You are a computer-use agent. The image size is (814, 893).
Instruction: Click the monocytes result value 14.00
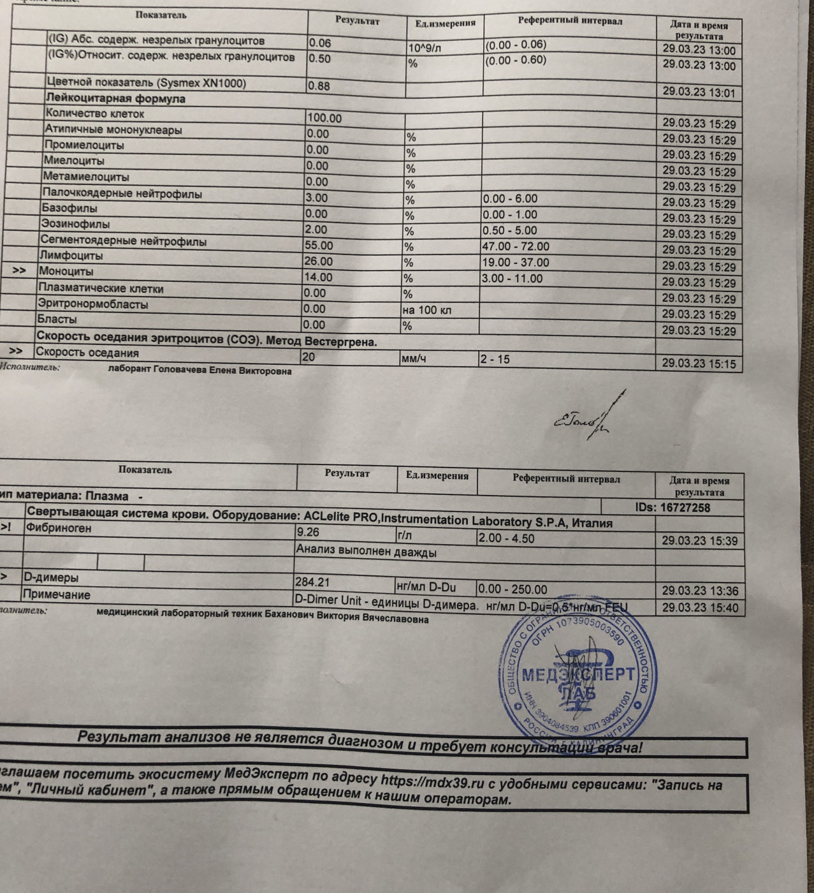point(319,277)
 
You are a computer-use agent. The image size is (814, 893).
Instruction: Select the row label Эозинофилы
point(75,225)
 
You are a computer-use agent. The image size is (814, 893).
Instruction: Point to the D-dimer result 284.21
point(312,582)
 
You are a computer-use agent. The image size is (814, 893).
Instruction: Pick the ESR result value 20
point(309,357)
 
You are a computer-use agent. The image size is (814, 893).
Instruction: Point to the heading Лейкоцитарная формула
point(115,99)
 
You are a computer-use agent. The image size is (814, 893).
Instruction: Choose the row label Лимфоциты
point(71,256)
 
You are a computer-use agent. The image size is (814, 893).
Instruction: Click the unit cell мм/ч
point(414,359)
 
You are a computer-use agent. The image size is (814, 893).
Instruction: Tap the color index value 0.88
point(319,85)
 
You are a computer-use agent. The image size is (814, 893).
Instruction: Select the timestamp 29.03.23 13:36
point(699,591)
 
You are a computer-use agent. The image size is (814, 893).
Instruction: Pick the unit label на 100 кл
point(426,311)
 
